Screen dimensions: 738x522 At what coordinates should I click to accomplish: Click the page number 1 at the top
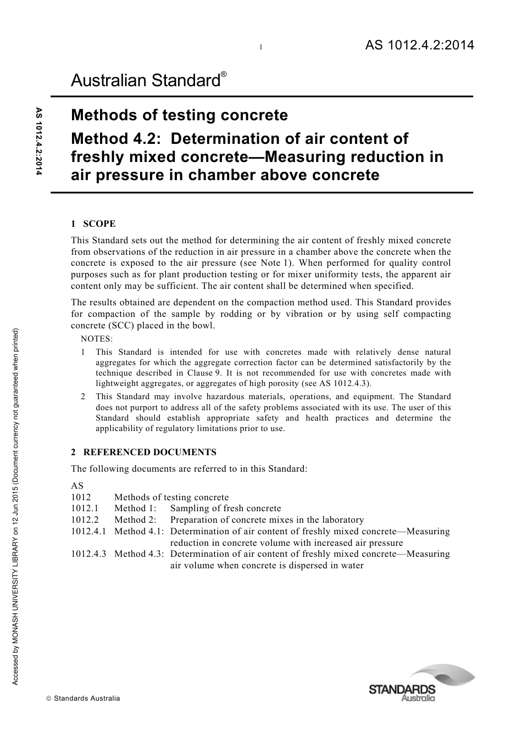click(x=261, y=48)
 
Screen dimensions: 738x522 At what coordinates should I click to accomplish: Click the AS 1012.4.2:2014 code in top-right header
click(x=419, y=46)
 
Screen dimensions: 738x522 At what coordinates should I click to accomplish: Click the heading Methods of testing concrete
click(x=179, y=115)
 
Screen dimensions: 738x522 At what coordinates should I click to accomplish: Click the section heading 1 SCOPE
click(x=93, y=223)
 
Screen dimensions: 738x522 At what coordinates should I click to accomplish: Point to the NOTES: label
click(x=96, y=339)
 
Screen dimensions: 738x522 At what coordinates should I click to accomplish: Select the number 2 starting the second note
click(x=83, y=396)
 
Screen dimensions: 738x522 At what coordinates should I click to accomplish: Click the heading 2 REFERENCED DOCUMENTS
click(x=143, y=452)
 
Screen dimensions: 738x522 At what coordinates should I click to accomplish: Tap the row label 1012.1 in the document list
click(x=85, y=508)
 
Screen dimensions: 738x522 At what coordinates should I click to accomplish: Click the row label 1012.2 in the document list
click(x=85, y=520)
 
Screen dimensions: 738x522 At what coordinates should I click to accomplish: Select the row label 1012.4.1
click(x=88, y=532)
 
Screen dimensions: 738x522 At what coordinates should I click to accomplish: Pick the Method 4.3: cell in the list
click(x=139, y=554)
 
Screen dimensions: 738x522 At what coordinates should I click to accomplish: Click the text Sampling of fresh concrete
click(x=225, y=508)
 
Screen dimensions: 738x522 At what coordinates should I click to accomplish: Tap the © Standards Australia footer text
click(x=83, y=698)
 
